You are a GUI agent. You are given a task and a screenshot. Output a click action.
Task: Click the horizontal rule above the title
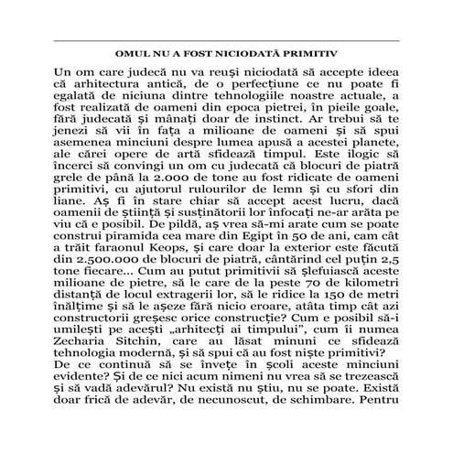point(226,41)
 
